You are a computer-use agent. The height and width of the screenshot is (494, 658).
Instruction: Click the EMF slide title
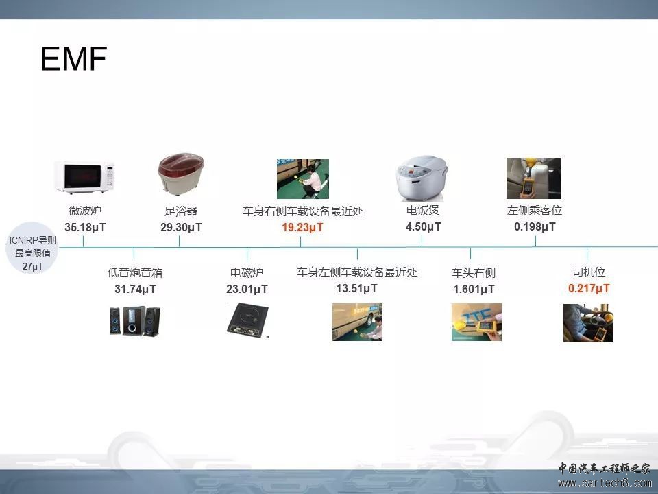[74, 58]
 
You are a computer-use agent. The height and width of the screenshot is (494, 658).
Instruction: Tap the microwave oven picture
[85, 177]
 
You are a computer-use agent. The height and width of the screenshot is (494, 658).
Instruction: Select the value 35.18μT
[85, 227]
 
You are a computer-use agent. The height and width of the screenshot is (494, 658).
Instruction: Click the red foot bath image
[181, 174]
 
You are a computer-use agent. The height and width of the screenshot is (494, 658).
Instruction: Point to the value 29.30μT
[181, 227]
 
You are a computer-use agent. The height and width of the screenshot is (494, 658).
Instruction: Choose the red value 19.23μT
[302, 227]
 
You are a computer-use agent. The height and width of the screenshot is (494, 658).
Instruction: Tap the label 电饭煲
[423, 210]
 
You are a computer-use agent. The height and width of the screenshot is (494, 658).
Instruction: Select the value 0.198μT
[535, 227]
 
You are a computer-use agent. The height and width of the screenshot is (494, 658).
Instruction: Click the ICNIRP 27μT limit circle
[32, 248]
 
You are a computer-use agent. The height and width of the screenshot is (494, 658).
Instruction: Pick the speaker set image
[135, 321]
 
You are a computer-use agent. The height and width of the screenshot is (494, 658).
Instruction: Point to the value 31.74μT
[135, 289]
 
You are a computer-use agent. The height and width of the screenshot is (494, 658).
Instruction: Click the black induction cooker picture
[247, 320]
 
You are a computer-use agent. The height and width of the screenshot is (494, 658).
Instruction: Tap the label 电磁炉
[247, 272]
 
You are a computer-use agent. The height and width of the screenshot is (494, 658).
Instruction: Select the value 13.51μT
[356, 289]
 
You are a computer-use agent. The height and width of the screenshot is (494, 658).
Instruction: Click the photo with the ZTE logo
[476, 322]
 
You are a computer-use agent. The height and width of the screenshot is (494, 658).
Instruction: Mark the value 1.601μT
[474, 289]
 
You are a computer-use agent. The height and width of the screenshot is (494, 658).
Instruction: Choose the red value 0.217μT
[589, 289]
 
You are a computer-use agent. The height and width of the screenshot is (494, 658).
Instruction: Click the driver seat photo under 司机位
[588, 322]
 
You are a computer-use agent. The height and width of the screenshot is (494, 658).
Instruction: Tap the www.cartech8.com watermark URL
[605, 483]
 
